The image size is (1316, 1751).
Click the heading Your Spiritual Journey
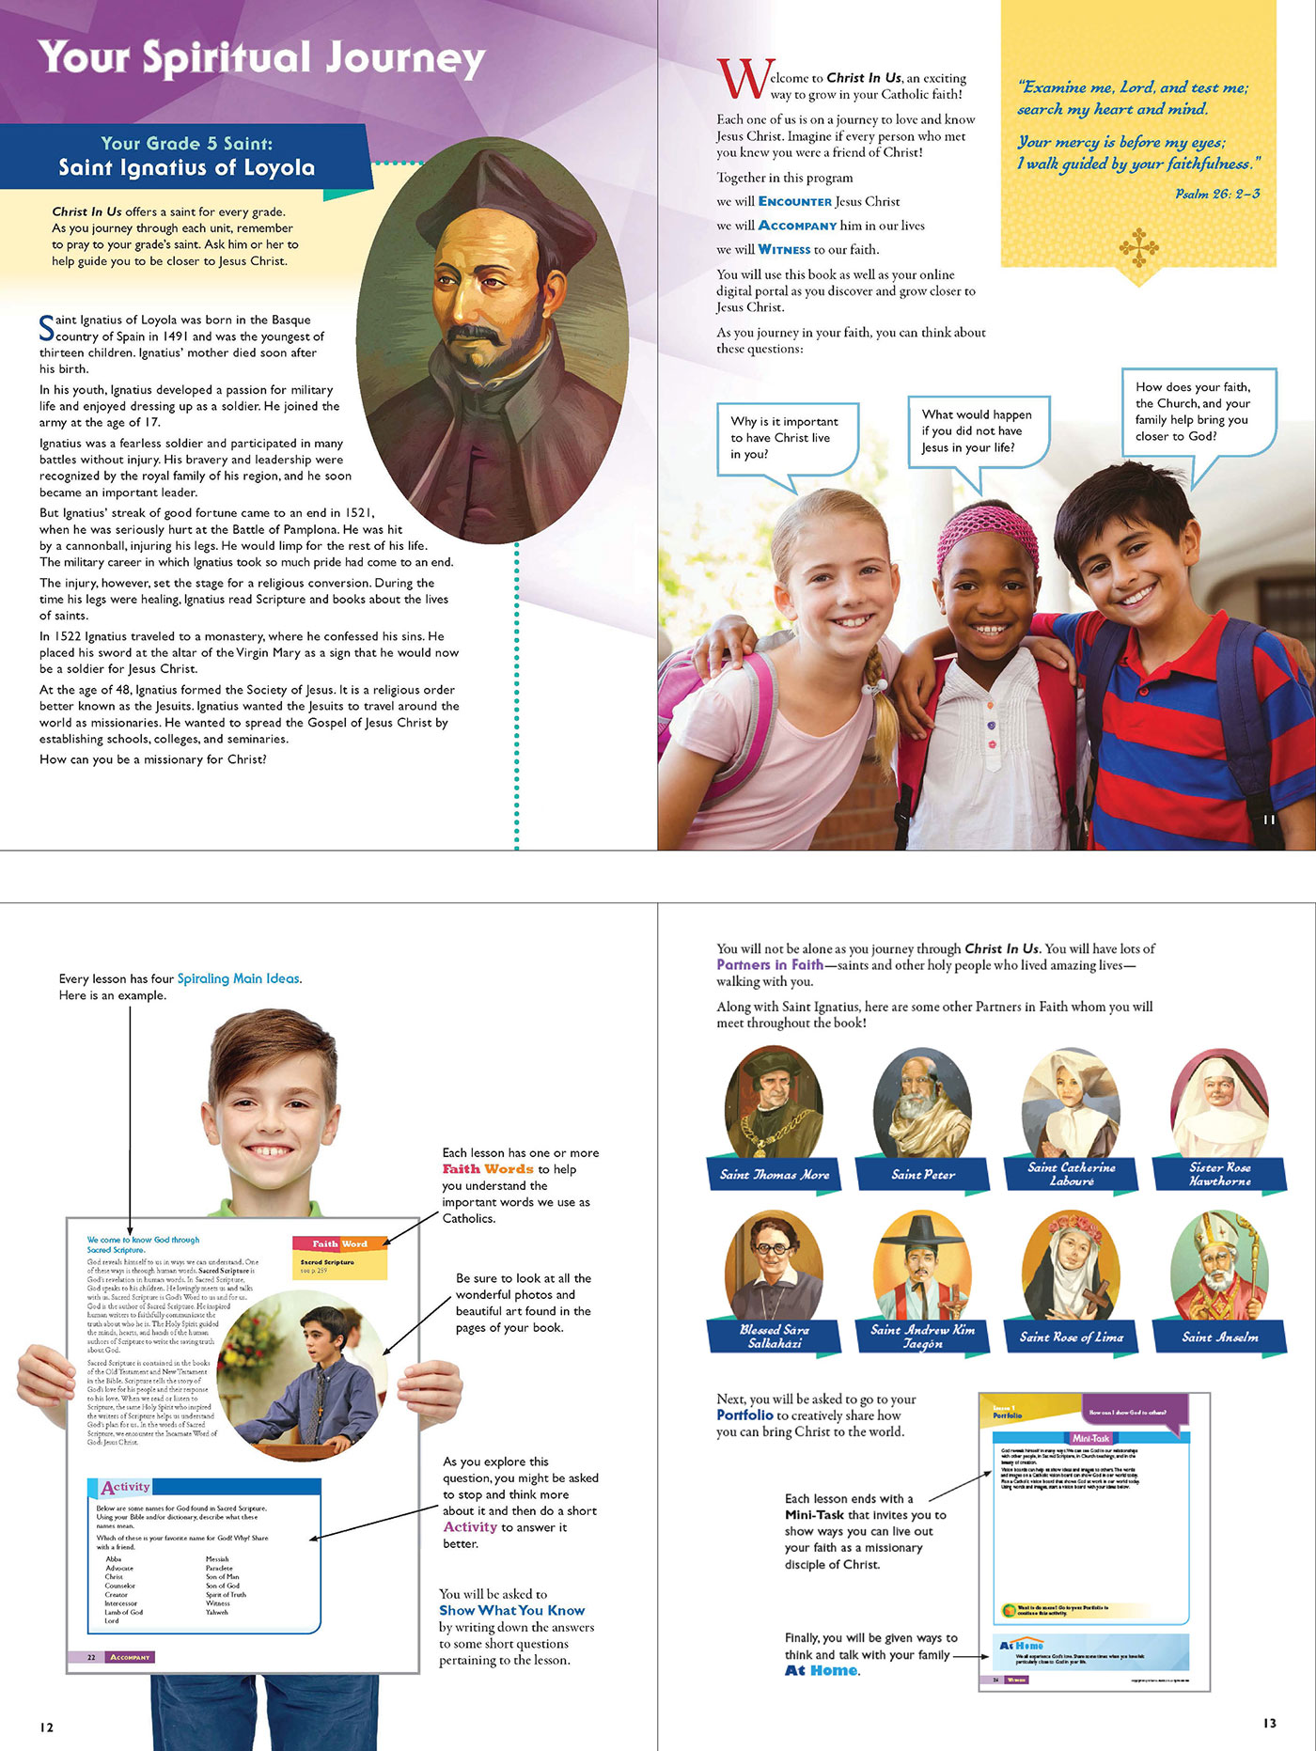(261, 58)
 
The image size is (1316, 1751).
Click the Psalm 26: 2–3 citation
(1217, 194)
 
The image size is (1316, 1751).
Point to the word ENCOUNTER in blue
(794, 201)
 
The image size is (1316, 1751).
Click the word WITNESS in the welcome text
(784, 250)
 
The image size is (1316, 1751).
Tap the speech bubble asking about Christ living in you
(786, 438)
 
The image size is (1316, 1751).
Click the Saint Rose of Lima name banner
(1071, 1337)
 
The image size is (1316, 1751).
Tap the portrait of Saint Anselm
(1219, 1264)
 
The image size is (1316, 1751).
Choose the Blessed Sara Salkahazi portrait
(774, 1264)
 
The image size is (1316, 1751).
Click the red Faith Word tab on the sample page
(339, 1243)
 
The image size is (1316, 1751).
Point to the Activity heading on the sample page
(126, 1487)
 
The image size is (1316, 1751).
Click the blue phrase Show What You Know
(511, 1610)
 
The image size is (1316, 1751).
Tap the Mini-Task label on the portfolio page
(1090, 1438)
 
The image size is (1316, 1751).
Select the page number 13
(1269, 1723)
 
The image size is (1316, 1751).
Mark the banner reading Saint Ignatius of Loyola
(186, 167)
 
